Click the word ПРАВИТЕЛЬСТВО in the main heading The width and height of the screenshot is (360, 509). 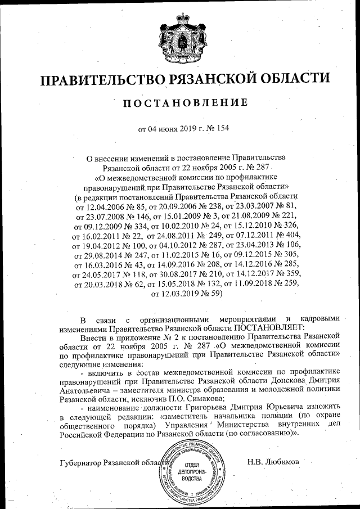click(x=101, y=80)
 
